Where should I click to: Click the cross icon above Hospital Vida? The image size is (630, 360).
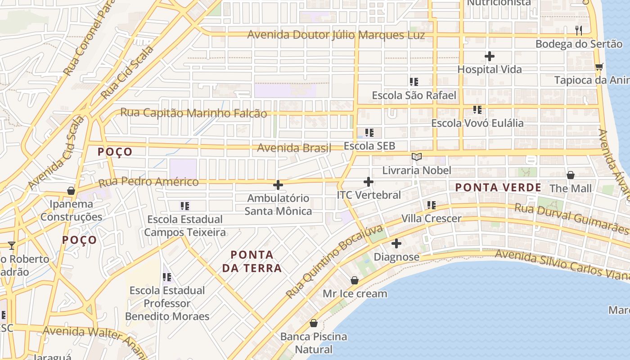(x=490, y=57)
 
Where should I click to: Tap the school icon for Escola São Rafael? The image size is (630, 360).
(x=414, y=82)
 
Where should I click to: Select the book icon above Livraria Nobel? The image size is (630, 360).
(x=417, y=157)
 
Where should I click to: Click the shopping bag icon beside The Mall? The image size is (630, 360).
(x=571, y=175)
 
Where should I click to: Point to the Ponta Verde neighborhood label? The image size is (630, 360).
(x=498, y=188)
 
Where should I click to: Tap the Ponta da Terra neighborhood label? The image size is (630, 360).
(x=252, y=261)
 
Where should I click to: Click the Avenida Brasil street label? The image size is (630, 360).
(x=294, y=148)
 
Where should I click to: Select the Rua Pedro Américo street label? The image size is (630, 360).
(x=148, y=182)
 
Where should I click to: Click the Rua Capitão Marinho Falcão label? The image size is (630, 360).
(x=193, y=113)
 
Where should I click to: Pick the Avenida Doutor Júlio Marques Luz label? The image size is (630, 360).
(x=336, y=35)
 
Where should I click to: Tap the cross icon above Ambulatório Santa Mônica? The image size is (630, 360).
(x=278, y=185)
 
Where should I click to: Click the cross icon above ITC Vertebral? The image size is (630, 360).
(x=369, y=182)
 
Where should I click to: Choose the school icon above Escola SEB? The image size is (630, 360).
(x=369, y=133)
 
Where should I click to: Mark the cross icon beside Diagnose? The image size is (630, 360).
(x=396, y=244)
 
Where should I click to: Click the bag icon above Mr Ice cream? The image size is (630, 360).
(x=355, y=281)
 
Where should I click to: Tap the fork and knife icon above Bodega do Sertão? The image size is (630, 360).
(x=579, y=31)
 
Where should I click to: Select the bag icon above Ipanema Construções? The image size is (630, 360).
(x=71, y=191)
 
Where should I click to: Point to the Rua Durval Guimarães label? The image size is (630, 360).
(x=571, y=219)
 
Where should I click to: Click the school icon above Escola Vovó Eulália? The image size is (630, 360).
(x=477, y=110)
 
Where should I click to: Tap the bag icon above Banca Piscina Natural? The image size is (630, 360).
(x=314, y=324)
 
